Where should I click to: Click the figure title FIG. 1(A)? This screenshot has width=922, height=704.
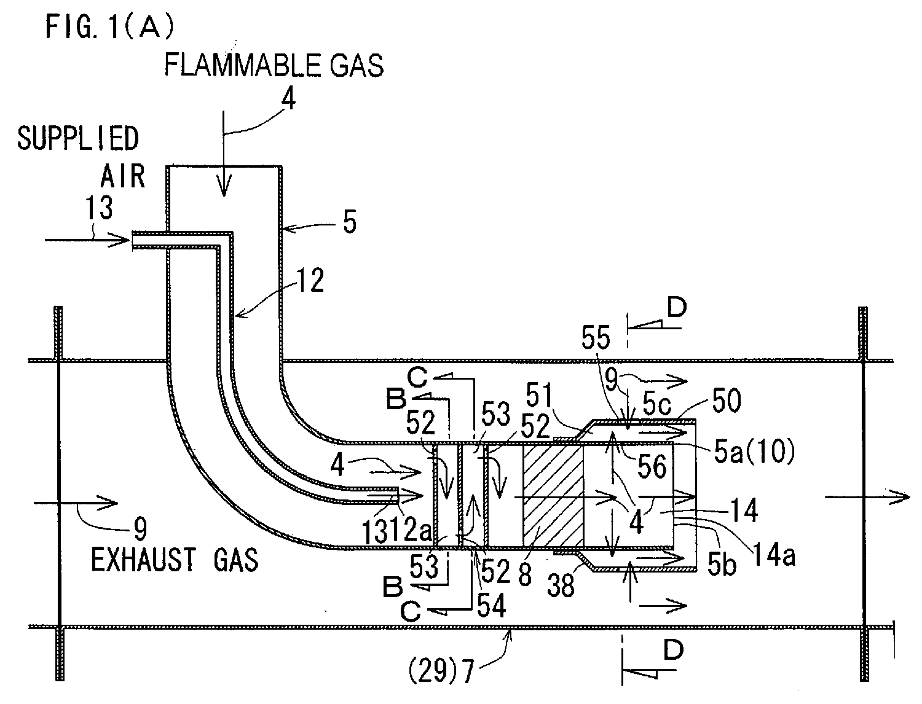[109, 26]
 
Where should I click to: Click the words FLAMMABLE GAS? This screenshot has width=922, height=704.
[274, 65]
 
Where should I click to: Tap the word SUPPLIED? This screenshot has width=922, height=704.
[78, 139]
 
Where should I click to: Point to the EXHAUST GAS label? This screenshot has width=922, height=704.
[175, 560]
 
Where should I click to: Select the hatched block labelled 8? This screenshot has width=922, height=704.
[553, 495]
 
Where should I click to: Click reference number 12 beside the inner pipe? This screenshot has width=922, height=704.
[310, 280]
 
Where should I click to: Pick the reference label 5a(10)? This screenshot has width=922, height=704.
[754, 453]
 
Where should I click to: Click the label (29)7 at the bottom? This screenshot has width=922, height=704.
[441, 671]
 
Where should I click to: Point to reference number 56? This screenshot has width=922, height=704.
[652, 466]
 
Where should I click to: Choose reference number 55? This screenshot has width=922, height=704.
[595, 337]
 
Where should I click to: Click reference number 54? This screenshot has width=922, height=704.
[492, 605]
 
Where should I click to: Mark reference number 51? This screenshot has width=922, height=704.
[539, 395]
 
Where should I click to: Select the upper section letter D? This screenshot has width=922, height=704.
[677, 308]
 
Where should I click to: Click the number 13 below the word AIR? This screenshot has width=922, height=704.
[99, 208]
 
